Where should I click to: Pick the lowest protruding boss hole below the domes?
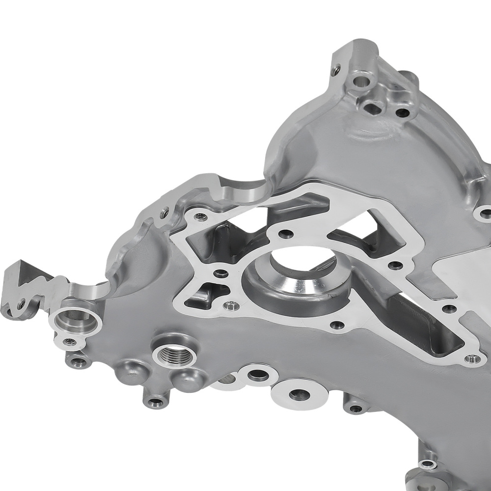coord(155,403)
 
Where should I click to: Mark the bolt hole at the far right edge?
coord(485,213)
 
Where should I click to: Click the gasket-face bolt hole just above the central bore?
coord(286,233)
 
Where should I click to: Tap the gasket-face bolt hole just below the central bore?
coord(336,325)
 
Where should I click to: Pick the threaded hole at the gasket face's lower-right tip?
coord(474,359)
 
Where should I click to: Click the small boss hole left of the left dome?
coord(78,363)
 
